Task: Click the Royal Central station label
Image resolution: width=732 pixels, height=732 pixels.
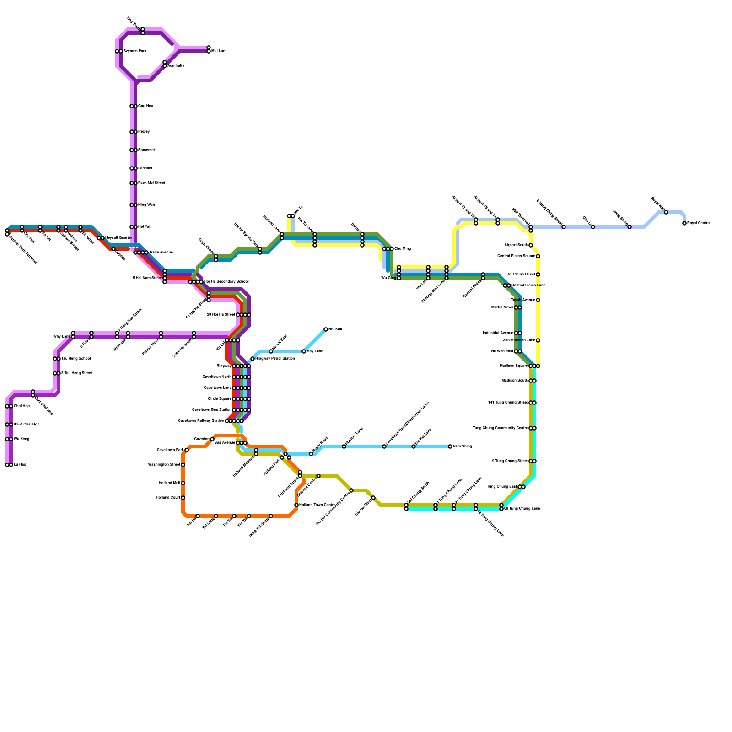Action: pos(699,223)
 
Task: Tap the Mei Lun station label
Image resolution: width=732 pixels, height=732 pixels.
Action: pos(218,51)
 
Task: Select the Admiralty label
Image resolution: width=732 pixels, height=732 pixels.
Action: pos(176,66)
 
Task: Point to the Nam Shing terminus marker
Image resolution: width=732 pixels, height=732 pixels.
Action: pos(450,447)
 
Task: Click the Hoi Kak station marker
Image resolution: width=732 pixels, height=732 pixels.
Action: pos(326,329)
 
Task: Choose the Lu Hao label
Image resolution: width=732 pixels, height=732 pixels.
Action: pos(20,465)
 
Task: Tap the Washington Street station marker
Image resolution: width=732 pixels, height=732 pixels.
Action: pos(183,465)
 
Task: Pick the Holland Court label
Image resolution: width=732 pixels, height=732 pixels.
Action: pos(168,498)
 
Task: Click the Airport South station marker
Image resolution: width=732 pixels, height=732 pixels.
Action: pos(531,245)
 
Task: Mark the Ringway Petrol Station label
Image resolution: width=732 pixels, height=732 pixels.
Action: pos(275,359)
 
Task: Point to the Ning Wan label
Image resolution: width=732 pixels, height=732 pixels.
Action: pos(146,205)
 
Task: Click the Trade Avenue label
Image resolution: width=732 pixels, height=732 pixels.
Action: pos(161,253)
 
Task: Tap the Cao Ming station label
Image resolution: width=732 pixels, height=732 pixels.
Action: pos(403,249)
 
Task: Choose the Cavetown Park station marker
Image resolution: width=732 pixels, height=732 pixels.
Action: pos(187,450)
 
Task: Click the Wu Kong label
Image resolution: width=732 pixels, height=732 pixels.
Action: pos(21,439)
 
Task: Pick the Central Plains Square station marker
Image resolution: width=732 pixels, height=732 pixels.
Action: pos(538,256)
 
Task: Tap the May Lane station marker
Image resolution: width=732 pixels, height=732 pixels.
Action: pos(304,351)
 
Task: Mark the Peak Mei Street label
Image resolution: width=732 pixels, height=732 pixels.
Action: pos(151,183)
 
